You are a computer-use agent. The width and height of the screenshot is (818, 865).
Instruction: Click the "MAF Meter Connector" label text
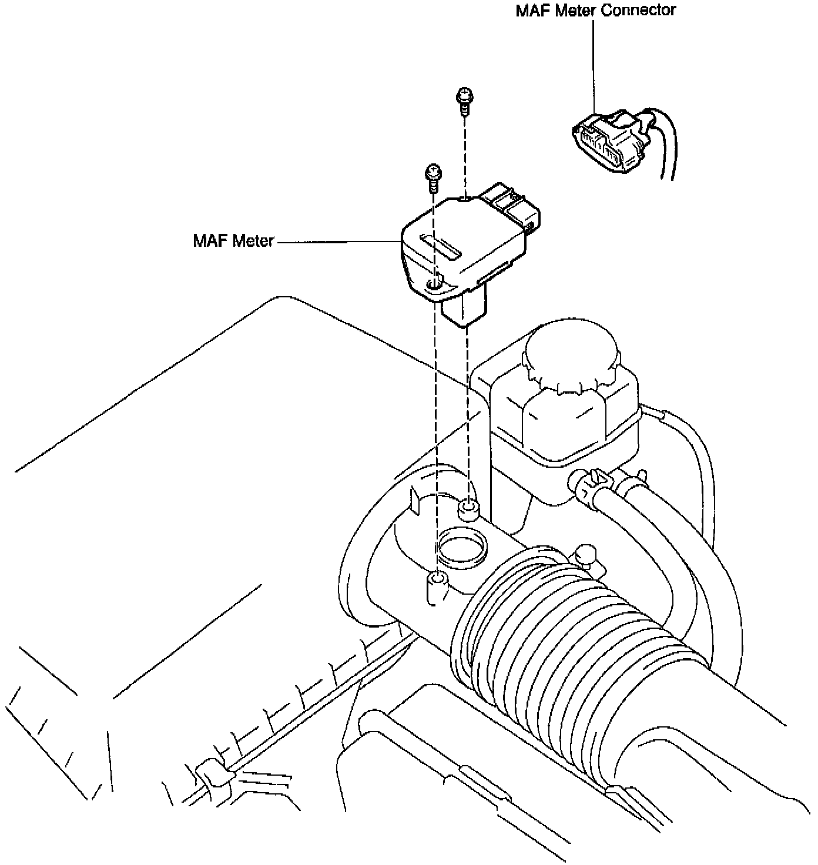[595, 11]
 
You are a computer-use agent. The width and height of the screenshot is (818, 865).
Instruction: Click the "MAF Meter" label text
[233, 241]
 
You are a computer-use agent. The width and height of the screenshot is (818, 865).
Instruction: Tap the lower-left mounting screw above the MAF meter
[433, 175]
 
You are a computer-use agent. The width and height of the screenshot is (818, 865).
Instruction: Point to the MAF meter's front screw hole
[435, 285]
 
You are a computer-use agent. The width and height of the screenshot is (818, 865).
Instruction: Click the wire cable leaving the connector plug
[667, 147]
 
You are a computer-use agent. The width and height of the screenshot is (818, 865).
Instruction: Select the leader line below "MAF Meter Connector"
[594, 65]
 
